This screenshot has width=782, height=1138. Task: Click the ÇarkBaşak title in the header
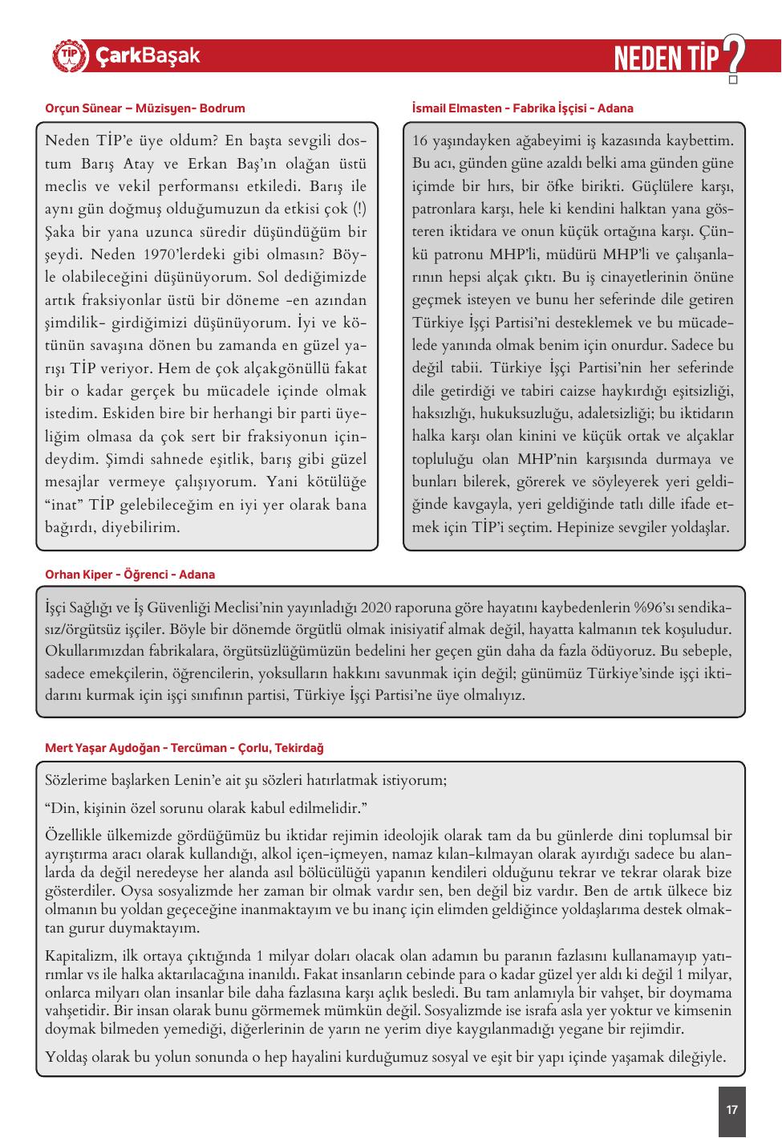click(148, 56)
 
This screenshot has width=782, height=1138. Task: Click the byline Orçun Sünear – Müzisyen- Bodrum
click(145, 108)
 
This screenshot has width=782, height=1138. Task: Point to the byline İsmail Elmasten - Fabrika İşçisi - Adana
click(522, 108)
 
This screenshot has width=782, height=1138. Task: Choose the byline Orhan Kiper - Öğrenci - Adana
click(130, 575)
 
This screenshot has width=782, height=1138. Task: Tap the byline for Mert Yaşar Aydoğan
click(184, 748)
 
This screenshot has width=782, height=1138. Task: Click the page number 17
click(731, 1110)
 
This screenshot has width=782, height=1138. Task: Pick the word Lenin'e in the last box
click(192, 780)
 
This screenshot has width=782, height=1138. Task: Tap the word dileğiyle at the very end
click(696, 1058)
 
